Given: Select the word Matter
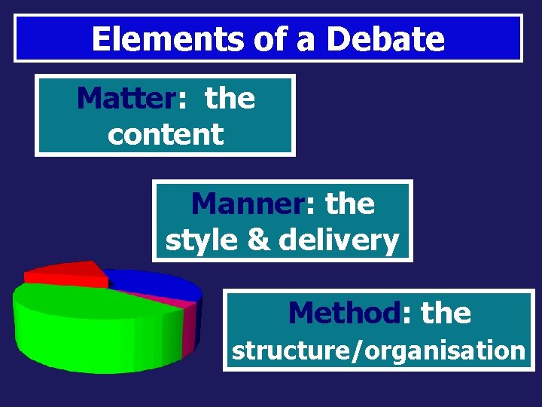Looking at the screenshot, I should tap(126, 99).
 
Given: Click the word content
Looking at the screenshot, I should tap(166, 134).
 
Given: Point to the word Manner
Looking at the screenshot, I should tap(244, 203).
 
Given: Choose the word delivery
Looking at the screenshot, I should tap(338, 240).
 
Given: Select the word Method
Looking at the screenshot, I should tap(343, 312).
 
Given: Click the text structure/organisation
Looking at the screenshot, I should tap(378, 350).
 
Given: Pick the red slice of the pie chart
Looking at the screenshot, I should tap(64, 272).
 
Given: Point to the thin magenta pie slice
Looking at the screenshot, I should tap(187, 303).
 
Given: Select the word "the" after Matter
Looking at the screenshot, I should tap(230, 99).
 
